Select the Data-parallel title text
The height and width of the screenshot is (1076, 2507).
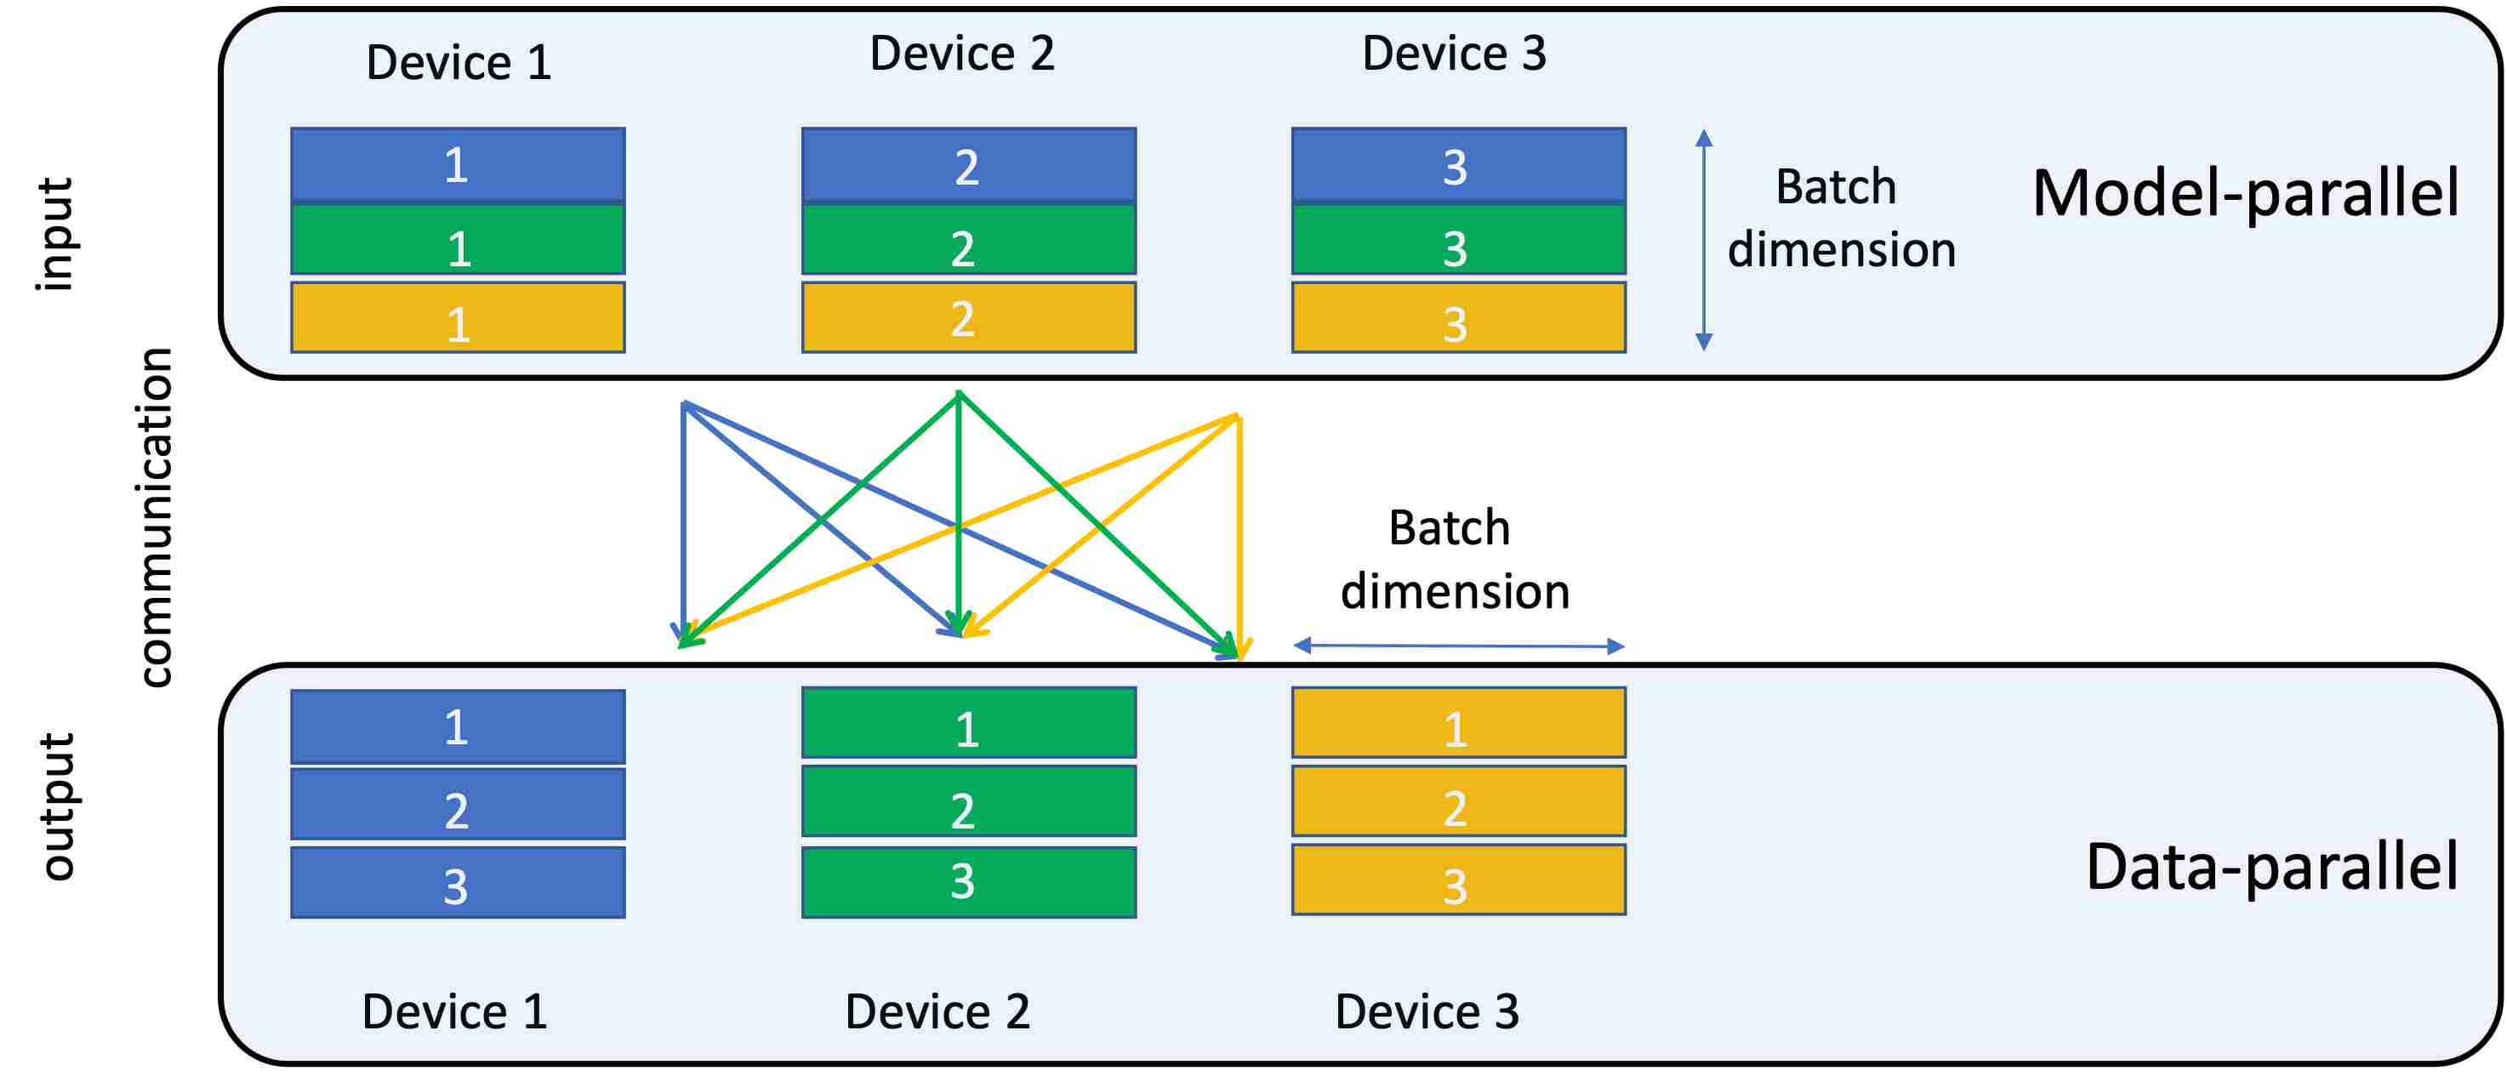2272,866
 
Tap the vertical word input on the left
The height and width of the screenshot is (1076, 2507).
56,235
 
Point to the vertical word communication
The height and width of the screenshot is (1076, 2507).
156,517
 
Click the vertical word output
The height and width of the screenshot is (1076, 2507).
59,806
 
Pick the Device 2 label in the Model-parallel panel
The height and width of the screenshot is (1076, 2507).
961,53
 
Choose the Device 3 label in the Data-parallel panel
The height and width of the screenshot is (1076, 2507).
1427,1012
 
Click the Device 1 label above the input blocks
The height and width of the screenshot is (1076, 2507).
459,62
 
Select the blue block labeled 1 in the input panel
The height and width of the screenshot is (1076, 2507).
458,164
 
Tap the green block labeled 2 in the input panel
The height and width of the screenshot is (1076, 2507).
968,239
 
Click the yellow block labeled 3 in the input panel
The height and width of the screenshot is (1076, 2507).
1459,317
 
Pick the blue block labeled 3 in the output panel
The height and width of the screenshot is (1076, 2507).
458,882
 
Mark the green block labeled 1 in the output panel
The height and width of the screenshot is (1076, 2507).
968,723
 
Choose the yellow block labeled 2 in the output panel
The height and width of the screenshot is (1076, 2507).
1459,801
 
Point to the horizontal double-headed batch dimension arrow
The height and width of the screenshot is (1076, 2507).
1459,645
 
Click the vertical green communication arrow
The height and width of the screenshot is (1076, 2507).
960,514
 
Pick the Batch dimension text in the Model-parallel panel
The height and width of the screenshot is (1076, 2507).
1841,218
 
